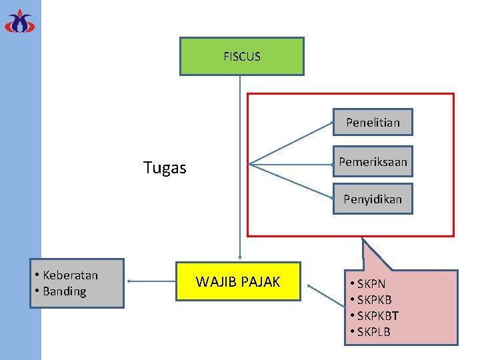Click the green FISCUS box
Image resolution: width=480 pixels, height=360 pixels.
(241, 56)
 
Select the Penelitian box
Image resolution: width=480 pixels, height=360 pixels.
(373, 122)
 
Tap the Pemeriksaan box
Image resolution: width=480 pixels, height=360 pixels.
(373, 161)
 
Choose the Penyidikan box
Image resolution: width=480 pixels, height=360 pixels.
(373, 199)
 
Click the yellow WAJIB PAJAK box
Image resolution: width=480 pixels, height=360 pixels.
(238, 282)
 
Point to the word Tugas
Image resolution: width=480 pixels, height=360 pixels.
(165, 168)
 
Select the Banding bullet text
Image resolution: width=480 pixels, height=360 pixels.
(64, 291)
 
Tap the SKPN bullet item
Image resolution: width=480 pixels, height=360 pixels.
(371, 284)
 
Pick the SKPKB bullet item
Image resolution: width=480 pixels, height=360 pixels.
(374, 300)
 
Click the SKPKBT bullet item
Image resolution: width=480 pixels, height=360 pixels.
(377, 316)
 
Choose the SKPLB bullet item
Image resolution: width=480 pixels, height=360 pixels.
(373, 332)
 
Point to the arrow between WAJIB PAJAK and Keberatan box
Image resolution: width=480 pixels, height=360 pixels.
(151, 282)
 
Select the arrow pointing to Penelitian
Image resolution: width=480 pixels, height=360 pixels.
(291, 143)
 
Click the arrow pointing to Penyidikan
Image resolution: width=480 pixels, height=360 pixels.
(291, 181)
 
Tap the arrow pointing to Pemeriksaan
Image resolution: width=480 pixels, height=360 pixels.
(291, 162)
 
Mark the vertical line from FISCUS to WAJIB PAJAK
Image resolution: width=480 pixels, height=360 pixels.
(239, 167)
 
